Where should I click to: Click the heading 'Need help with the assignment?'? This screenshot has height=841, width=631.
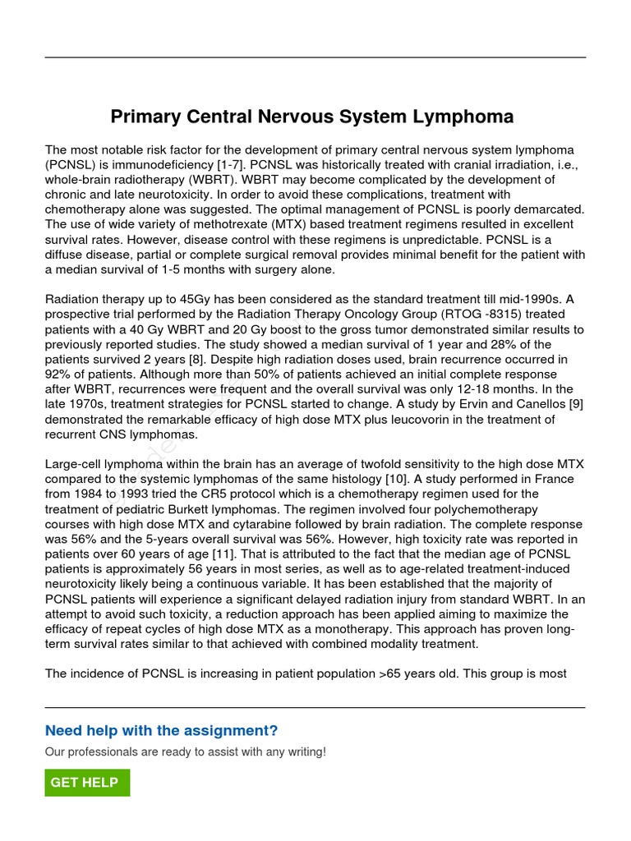click(161, 731)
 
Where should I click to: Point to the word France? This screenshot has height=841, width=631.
click(554, 479)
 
